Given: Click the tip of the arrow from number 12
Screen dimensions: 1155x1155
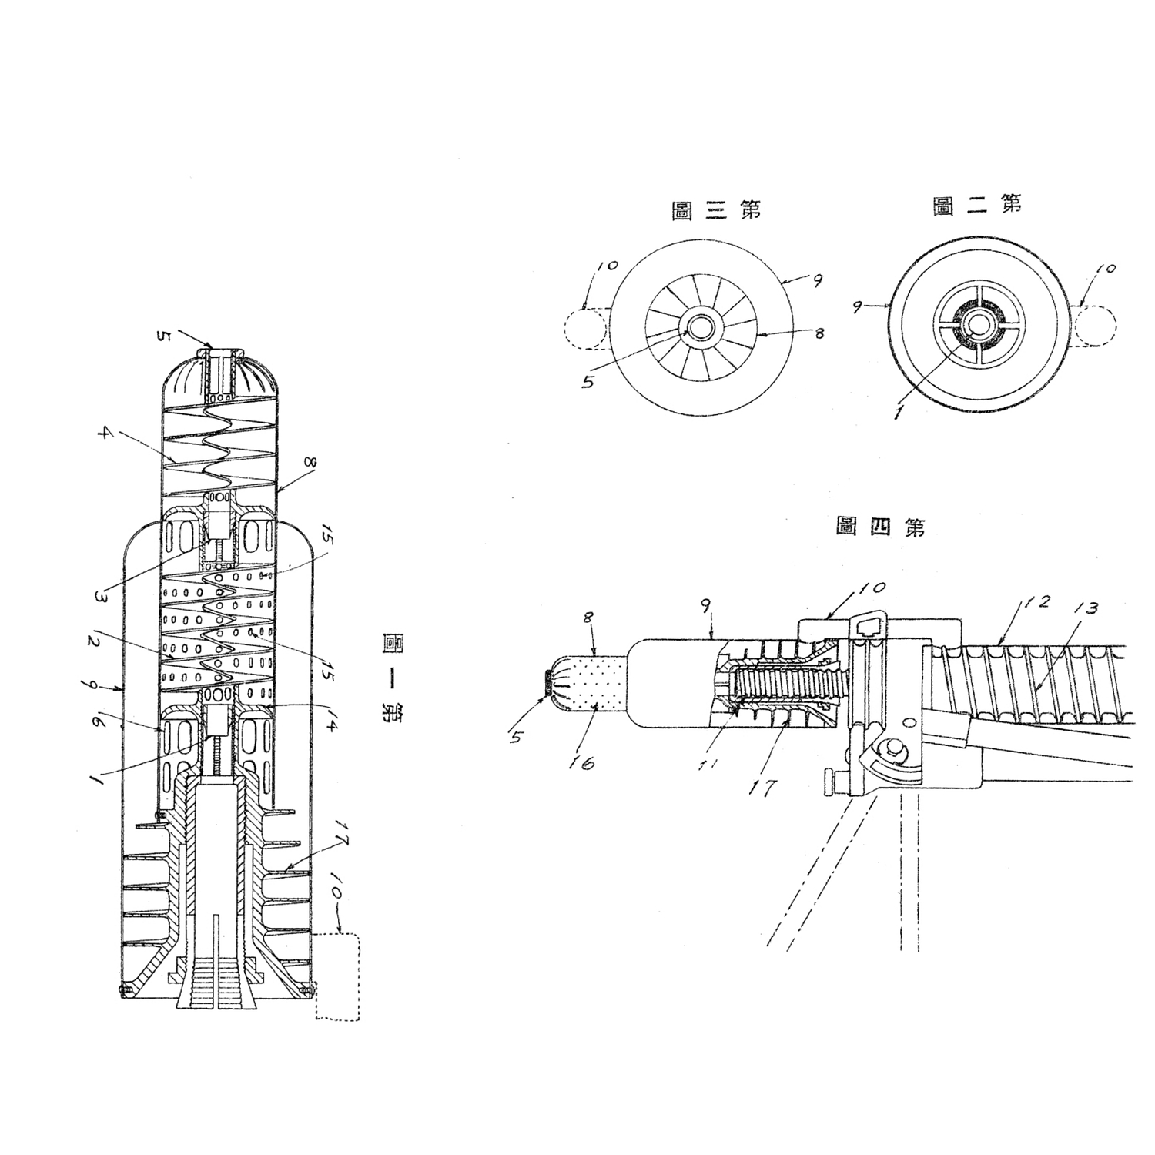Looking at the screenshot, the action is tap(999, 644).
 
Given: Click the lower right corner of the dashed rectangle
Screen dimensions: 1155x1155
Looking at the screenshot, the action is tap(359, 1020).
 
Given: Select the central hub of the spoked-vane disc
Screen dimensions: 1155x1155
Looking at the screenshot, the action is tap(701, 327).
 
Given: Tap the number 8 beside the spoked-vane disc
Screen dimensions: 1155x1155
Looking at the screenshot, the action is tap(819, 333).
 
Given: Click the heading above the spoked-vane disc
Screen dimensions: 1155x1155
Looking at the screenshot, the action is tap(716, 210).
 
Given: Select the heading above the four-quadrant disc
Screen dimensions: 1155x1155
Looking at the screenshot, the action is tap(978, 204).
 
